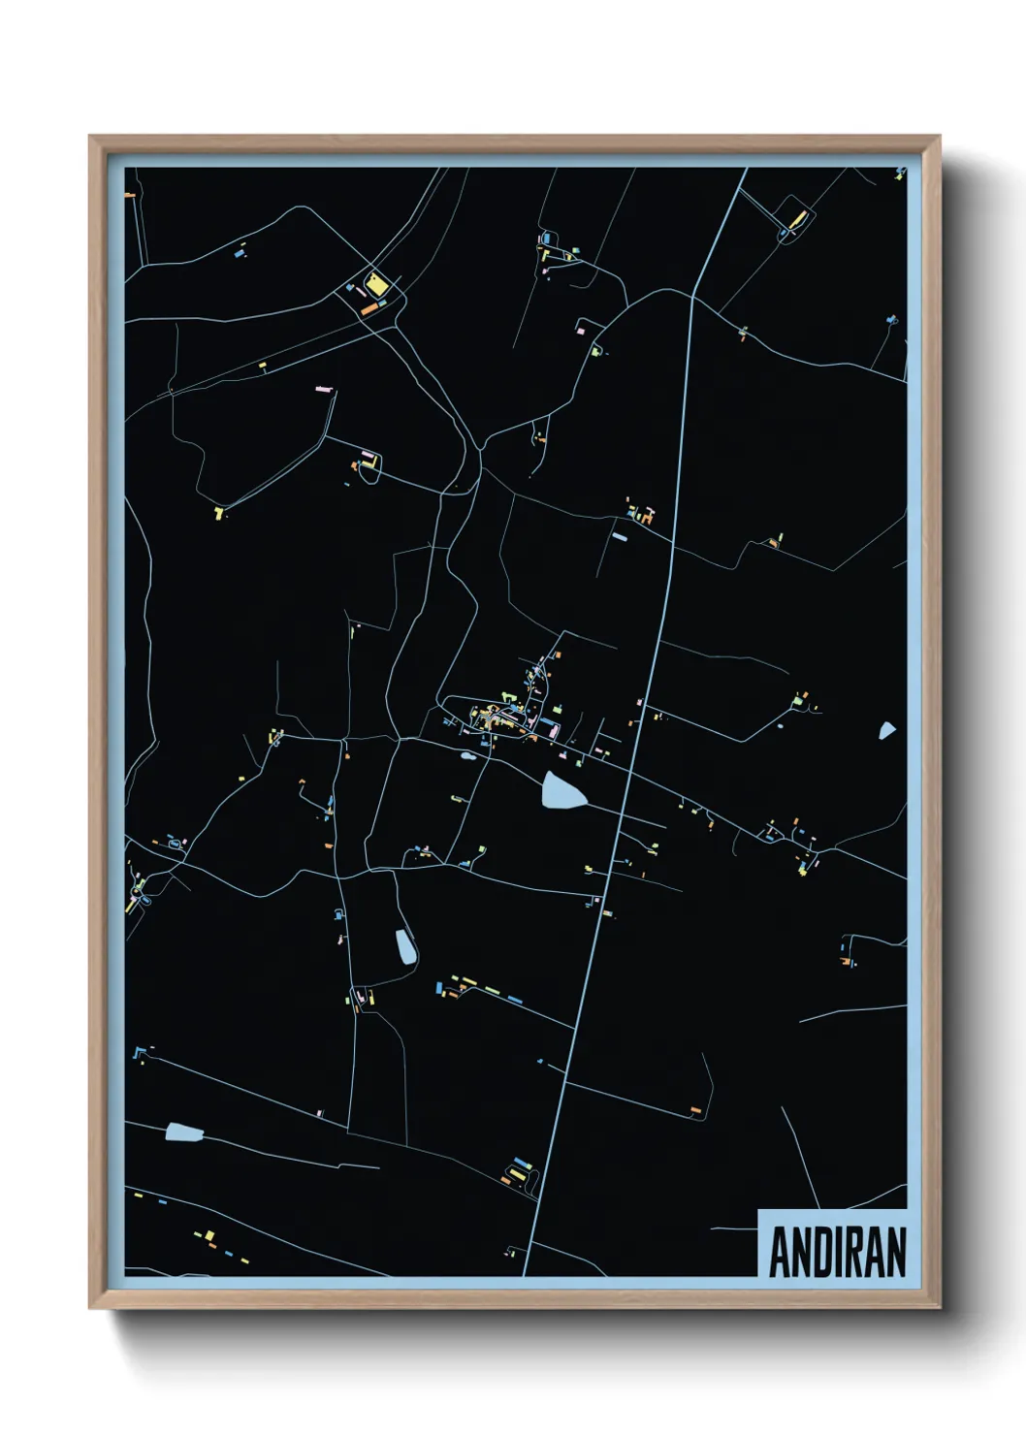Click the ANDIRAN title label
(836, 1252)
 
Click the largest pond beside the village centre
(563, 791)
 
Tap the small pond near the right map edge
(887, 730)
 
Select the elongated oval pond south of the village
(404, 945)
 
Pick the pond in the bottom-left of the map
(183, 1132)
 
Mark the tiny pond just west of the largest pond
(468, 755)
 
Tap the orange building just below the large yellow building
(369, 309)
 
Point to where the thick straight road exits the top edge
(746, 170)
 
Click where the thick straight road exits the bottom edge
(525, 1274)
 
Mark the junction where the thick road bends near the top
(692, 296)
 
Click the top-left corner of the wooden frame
(90, 137)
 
